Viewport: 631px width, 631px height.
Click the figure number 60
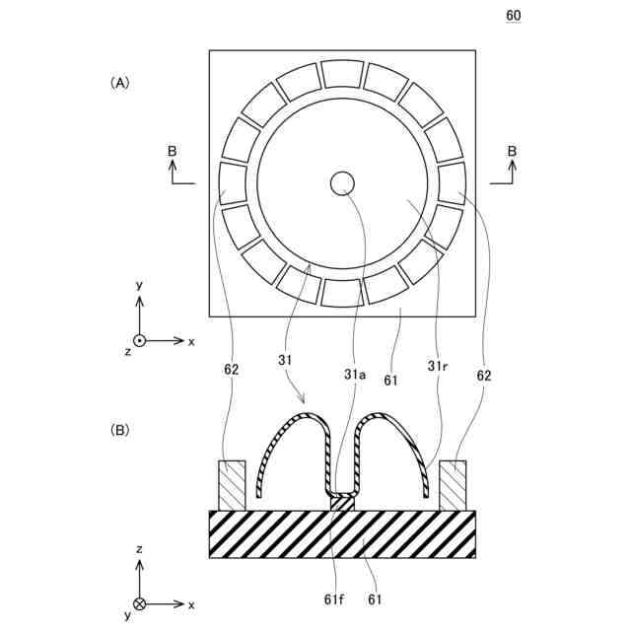click(514, 15)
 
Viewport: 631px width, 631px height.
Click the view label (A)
click(119, 84)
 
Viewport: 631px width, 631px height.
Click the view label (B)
click(119, 430)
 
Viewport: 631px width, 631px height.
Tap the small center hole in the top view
click(342, 182)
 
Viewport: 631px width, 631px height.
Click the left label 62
click(231, 370)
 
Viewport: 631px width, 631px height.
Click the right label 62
click(483, 375)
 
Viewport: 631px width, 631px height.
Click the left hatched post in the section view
click(232, 485)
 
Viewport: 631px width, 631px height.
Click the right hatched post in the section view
click(454, 485)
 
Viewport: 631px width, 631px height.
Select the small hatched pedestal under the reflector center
click(341, 503)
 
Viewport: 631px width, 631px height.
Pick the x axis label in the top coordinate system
click(191, 341)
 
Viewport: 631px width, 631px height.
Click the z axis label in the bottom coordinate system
click(140, 548)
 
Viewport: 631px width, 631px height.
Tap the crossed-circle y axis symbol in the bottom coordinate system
click(140, 602)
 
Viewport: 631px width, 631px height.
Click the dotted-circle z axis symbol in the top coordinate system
click(140, 340)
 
